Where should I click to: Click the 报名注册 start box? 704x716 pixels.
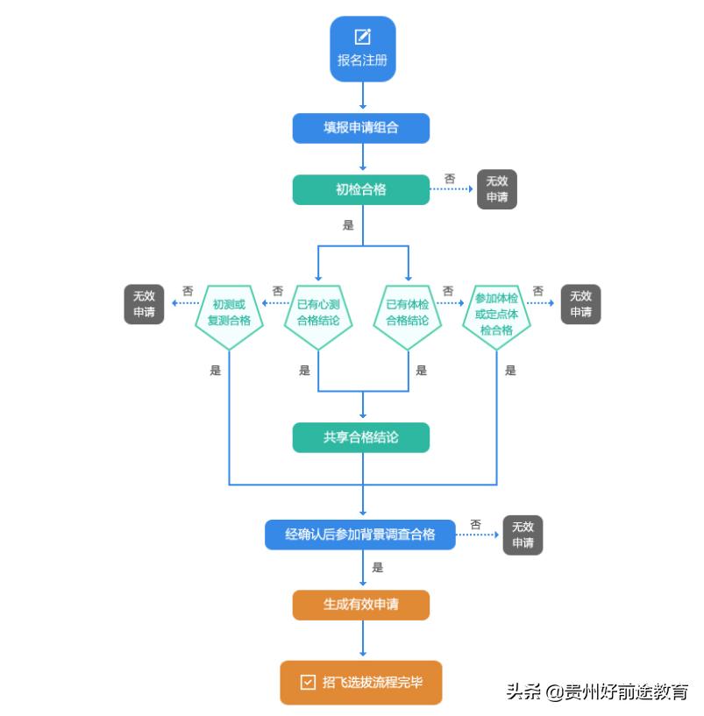pyautogui.click(x=362, y=50)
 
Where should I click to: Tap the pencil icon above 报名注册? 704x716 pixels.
pyautogui.click(x=362, y=37)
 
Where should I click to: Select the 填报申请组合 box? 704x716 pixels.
pyautogui.click(x=360, y=128)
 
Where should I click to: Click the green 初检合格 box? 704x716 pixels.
pyautogui.click(x=360, y=189)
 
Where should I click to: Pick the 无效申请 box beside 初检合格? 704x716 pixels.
pyautogui.click(x=497, y=189)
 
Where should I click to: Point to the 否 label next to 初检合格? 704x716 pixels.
pyautogui.click(x=450, y=179)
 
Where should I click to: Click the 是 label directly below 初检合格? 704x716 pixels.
pyautogui.click(x=348, y=225)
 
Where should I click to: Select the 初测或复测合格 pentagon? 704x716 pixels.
pyautogui.click(x=229, y=313)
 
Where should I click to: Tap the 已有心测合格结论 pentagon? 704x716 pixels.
pyautogui.click(x=318, y=313)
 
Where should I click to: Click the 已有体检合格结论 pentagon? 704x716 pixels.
pyautogui.click(x=408, y=313)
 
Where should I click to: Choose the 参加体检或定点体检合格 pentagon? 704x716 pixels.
pyautogui.click(x=497, y=314)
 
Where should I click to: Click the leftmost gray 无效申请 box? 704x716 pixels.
pyautogui.click(x=144, y=304)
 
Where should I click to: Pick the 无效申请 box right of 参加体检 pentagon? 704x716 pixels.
pyautogui.click(x=580, y=304)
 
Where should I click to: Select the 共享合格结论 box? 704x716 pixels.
pyautogui.click(x=360, y=437)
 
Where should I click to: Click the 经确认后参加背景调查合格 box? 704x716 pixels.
pyautogui.click(x=360, y=535)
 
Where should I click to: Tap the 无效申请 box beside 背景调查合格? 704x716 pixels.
pyautogui.click(x=523, y=535)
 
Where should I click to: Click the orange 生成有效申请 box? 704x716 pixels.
pyautogui.click(x=360, y=605)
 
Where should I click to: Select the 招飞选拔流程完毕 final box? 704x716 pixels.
pyautogui.click(x=360, y=682)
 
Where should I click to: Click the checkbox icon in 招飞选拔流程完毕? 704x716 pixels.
pyautogui.click(x=308, y=682)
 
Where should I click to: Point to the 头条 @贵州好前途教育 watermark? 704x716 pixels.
pyautogui.click(x=596, y=691)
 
